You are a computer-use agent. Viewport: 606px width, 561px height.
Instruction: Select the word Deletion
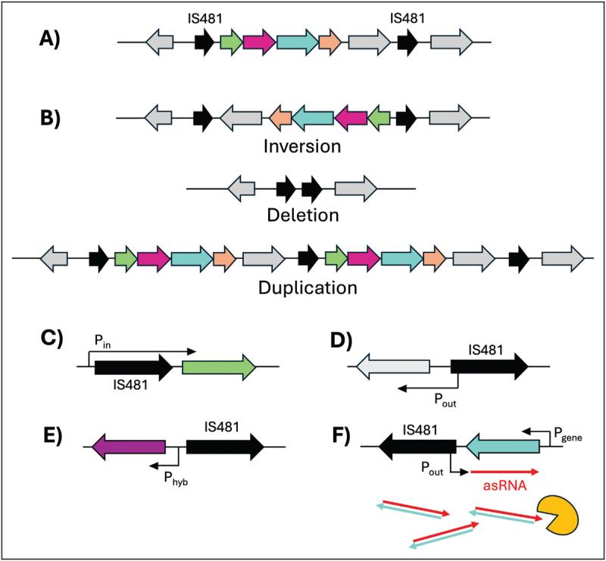click(302, 215)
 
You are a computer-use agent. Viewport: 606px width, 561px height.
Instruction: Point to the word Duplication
click(303, 287)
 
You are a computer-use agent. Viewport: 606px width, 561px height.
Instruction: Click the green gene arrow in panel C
click(219, 367)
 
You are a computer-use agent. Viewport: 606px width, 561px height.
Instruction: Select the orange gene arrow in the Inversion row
click(280, 117)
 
